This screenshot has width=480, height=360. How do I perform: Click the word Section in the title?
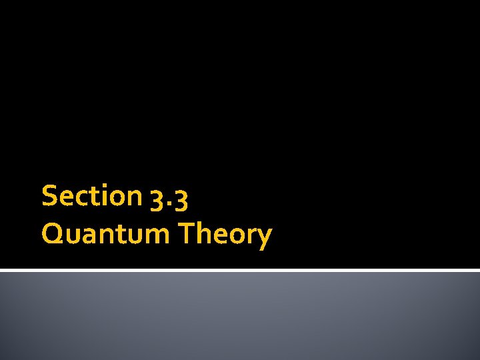coord(91,196)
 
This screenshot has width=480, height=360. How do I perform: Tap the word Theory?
coord(227,234)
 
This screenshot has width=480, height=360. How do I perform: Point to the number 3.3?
coord(173,197)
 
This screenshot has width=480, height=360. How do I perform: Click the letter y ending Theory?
coord(265,237)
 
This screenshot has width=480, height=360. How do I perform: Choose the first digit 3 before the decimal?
coord(161,198)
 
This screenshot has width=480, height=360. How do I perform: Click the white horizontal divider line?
coord(240,270)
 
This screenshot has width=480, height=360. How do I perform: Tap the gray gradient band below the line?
coord(240,317)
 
